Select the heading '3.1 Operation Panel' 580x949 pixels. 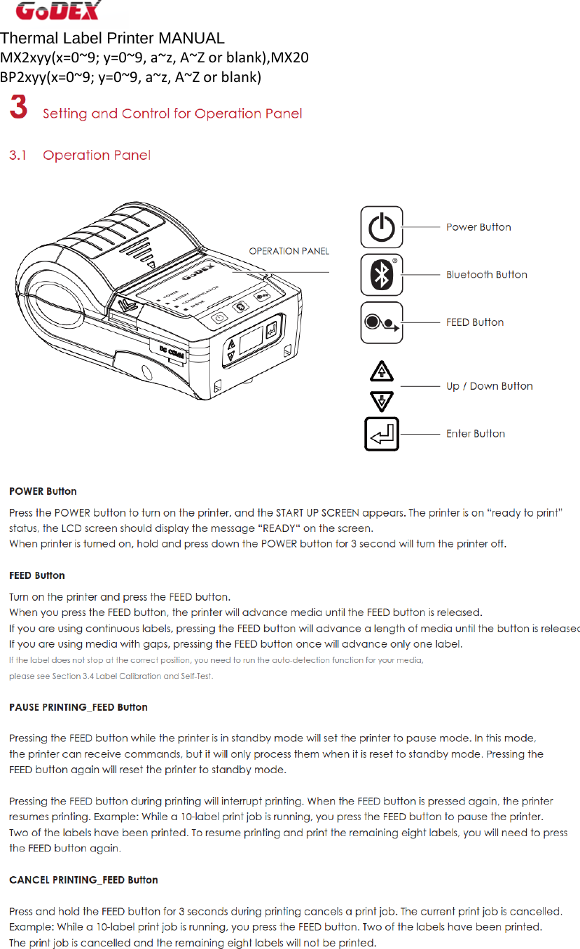click(x=79, y=155)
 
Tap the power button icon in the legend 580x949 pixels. click(x=381, y=227)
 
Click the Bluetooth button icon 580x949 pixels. click(x=381, y=275)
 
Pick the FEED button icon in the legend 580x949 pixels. click(x=381, y=322)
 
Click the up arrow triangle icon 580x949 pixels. click(x=381, y=371)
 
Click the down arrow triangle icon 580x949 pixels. click(x=381, y=401)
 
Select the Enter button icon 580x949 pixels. click(x=381, y=434)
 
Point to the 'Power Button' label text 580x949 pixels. click(x=478, y=227)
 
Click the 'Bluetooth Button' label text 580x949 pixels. click(x=486, y=275)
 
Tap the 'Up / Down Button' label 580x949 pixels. click(x=489, y=386)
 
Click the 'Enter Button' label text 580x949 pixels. click(x=475, y=434)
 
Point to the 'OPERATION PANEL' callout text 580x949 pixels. click(x=289, y=251)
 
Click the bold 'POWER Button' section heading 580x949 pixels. click(x=43, y=491)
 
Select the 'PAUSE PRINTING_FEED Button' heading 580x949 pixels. click(x=78, y=707)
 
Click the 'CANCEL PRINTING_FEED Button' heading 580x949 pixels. click(x=83, y=880)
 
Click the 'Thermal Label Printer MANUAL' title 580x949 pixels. click(x=112, y=39)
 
